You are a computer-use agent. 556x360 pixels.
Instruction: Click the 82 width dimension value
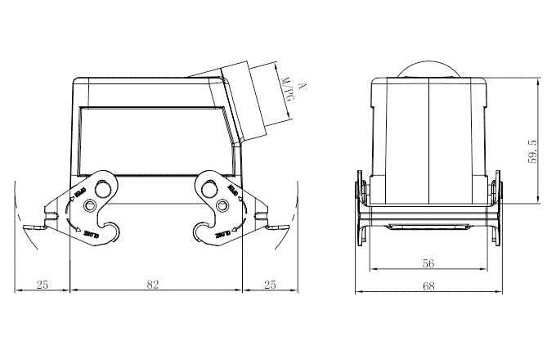pos(153,285)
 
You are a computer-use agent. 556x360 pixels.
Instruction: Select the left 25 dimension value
pos(43,285)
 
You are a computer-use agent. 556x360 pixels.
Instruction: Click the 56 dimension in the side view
pos(428,263)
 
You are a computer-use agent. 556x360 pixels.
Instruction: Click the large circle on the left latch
pos(103,190)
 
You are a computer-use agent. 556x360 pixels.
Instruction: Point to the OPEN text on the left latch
pos(79,194)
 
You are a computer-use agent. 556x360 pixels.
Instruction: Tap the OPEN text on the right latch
pos(232,194)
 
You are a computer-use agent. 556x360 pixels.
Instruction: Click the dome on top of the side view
pos(428,70)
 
